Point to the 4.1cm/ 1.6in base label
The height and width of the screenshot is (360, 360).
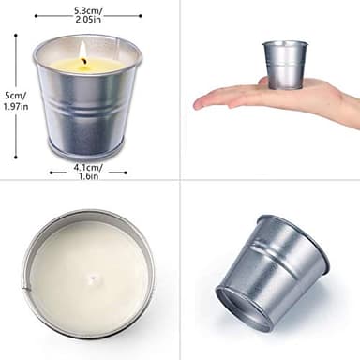pos(87,171)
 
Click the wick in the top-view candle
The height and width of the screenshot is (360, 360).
pos(90,278)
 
